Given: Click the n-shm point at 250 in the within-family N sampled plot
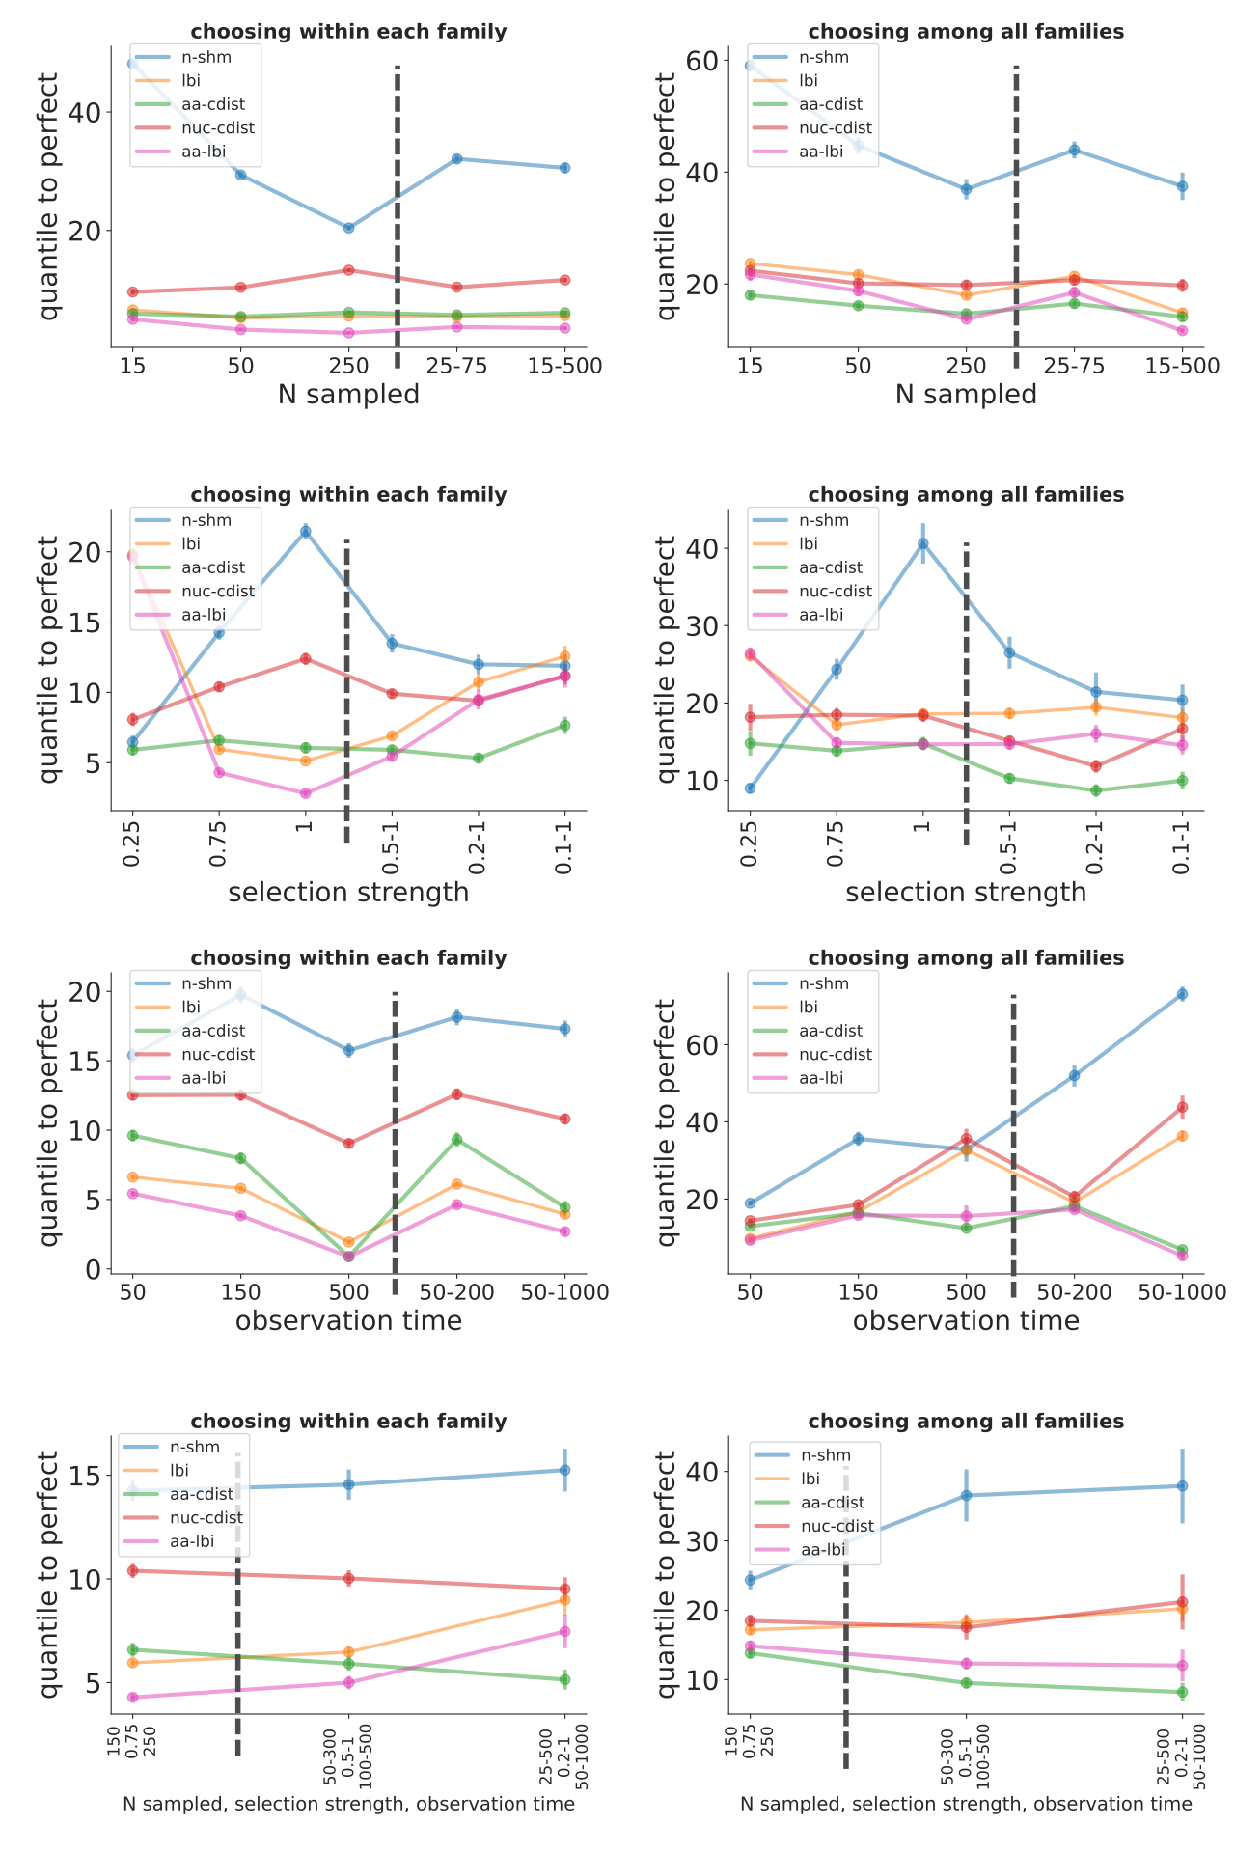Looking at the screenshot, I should (348, 228).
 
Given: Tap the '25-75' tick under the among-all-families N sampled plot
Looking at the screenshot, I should (1074, 366).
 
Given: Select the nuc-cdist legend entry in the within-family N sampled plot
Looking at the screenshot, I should (218, 128).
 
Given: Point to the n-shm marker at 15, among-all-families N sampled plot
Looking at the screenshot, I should (750, 66).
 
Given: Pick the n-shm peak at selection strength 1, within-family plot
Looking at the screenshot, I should (305, 531).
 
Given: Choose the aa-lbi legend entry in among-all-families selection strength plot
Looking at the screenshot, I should (821, 615).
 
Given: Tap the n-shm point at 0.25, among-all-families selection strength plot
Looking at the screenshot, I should (750, 788).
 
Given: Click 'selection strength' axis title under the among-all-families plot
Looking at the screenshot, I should (966, 893).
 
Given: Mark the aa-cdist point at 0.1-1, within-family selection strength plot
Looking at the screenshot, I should (564, 725).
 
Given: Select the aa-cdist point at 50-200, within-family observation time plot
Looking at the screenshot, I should (456, 1140).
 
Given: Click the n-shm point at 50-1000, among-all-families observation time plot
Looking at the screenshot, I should (1182, 994).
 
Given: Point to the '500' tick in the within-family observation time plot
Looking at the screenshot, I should (348, 1292).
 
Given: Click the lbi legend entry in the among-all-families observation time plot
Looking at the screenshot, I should (809, 1008).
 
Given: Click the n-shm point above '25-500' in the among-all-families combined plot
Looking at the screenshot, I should (1182, 1486).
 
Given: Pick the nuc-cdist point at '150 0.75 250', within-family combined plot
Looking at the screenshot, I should (133, 1570).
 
